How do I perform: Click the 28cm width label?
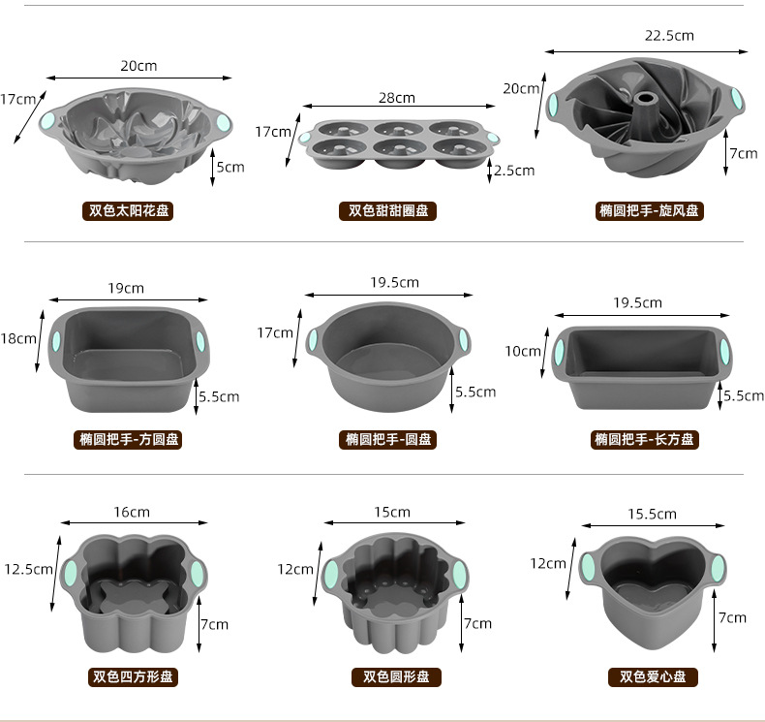coord(397,98)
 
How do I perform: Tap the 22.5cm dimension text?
coord(669,36)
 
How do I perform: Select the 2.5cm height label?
coord(514,171)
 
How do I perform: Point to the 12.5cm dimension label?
coord(28,569)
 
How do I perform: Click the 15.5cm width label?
coord(652,514)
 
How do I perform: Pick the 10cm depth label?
coord(523,351)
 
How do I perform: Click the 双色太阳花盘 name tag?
coord(128,211)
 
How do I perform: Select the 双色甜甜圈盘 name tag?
coord(388,211)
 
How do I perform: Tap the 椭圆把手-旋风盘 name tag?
coord(650,211)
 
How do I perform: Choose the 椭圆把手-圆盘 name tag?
coord(388,439)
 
